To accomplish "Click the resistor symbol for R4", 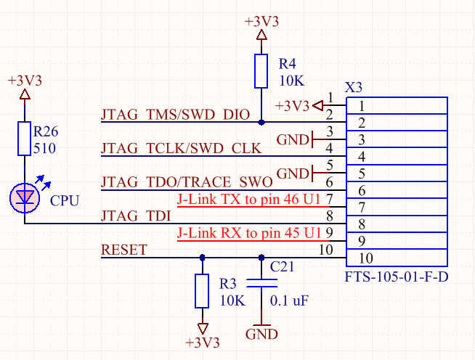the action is point(261,71).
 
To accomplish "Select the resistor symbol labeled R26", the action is point(24,139).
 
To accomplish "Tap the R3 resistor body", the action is point(202,291).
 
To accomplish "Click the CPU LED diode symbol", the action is point(25,198).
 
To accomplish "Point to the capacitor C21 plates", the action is point(261,283).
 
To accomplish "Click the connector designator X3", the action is point(354,88).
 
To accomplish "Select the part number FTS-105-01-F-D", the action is point(397,277).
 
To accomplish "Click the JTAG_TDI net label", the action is point(136,216).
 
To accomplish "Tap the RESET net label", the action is point(124,250).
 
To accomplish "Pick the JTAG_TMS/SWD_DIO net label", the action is point(175,115).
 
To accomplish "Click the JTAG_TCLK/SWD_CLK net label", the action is point(181,149).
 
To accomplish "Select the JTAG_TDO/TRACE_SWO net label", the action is point(187,182).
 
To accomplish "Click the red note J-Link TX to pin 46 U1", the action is point(248,199).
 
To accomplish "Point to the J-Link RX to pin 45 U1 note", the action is point(248,233).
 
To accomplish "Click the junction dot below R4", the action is point(261,123).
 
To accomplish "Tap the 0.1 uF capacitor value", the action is point(289,300).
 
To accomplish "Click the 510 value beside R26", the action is point(44,148).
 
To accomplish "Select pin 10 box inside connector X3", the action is point(397,258).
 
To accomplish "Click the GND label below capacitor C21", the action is point(261,335).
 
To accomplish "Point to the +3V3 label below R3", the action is point(202,343).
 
